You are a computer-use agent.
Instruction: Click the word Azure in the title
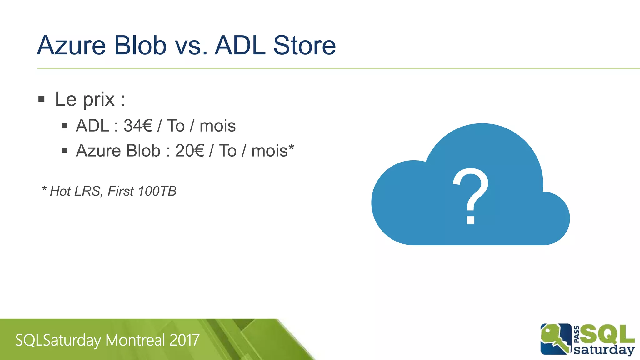tap(71, 46)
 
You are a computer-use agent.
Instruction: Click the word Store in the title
tap(304, 46)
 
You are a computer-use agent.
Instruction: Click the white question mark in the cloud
tap(471, 195)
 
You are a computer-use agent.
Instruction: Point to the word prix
tap(99, 100)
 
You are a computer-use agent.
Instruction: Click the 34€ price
tap(138, 126)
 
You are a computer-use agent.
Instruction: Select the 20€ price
tap(189, 151)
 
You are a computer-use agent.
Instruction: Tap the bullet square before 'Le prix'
tap(42, 99)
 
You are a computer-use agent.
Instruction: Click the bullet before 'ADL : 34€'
tap(65, 126)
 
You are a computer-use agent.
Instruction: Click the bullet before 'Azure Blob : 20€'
tap(65, 151)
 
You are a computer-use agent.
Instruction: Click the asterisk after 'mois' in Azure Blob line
tap(291, 147)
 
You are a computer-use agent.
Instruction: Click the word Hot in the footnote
tap(60, 191)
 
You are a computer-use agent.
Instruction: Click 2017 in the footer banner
tap(184, 340)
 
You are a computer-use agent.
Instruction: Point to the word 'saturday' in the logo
tap(604, 349)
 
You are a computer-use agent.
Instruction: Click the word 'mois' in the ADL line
tap(217, 126)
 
